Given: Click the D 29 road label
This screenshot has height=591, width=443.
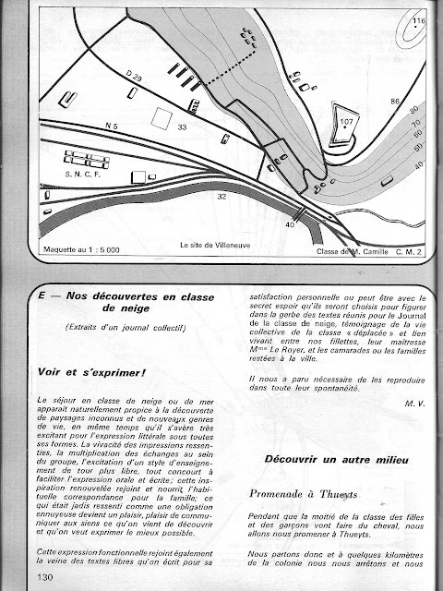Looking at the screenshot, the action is coord(134,77).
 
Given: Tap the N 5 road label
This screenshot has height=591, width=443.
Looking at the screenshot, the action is coord(111,127).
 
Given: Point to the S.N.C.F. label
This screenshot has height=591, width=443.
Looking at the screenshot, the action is coord(82,175).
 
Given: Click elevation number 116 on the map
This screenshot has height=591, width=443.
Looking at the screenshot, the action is coord(418,20).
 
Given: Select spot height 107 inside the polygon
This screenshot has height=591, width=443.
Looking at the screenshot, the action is coord(346,121).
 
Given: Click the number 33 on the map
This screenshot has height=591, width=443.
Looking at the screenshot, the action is coord(182,127).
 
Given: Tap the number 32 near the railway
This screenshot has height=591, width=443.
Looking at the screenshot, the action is coord(221,197).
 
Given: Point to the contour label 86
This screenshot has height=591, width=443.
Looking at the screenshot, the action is coord(395,102).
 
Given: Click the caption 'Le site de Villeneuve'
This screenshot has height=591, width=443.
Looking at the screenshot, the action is coord(215,245).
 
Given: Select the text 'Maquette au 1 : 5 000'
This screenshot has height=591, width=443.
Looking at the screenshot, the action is coord(81,249).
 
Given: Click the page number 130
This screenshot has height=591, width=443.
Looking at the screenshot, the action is coord(45,576).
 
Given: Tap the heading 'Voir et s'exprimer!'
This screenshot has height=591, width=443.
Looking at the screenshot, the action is coord(91,372).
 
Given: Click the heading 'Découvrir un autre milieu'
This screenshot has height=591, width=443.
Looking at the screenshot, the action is coord(336,459).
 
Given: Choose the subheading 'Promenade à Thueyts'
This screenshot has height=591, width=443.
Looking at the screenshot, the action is coord(304,494).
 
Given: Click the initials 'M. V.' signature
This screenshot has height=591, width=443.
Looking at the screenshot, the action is coord(414,404).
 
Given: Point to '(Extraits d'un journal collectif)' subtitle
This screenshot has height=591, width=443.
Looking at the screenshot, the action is coord(126,327).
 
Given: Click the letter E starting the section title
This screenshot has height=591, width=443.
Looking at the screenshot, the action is coord(41,295).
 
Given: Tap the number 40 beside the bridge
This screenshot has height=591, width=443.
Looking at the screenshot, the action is coord(290,224).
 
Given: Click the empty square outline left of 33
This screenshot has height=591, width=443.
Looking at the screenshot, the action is coord(162,119).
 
